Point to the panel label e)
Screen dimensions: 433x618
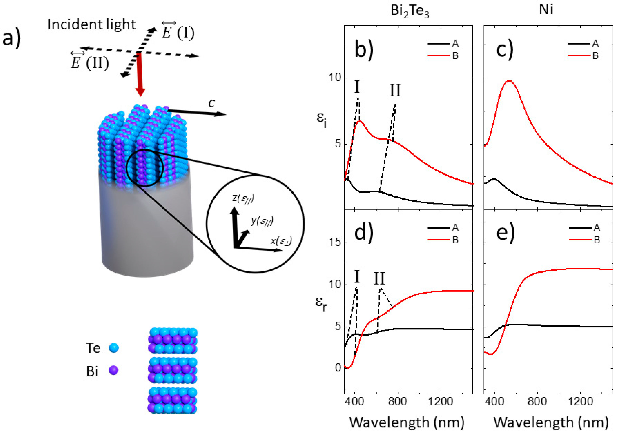(505, 232)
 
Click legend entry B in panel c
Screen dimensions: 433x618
(595, 56)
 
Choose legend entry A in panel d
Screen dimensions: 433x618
(455, 228)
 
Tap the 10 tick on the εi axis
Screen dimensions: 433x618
(335, 78)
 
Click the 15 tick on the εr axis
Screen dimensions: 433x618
(335, 242)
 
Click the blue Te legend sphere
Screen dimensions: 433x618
(114, 348)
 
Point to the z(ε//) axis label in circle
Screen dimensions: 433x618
(243, 198)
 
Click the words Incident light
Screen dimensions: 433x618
(92, 25)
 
